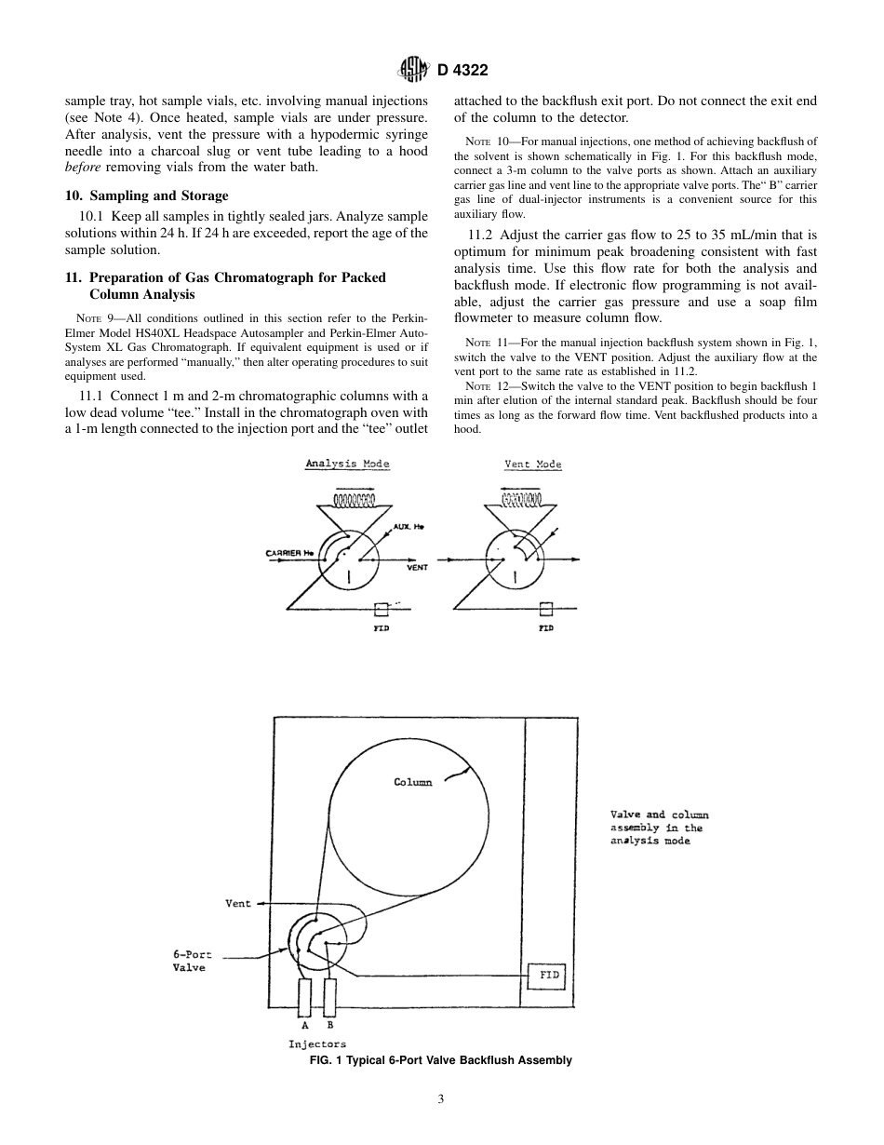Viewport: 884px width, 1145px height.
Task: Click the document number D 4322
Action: (462, 70)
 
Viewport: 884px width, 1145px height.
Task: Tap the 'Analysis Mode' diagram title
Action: (347, 464)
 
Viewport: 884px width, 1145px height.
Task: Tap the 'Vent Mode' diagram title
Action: (532, 464)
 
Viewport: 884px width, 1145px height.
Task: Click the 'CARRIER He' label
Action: (290, 554)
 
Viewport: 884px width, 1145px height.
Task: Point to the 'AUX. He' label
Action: (409, 528)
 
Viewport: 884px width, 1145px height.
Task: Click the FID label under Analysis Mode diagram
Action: (381, 628)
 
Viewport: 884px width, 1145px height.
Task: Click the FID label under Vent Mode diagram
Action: (546, 628)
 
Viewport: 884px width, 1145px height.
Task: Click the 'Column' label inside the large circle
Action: (412, 782)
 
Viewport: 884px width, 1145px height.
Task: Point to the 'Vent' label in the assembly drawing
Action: (238, 903)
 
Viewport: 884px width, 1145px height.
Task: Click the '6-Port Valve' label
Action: (189, 961)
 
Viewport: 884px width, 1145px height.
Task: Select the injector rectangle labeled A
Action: (304, 998)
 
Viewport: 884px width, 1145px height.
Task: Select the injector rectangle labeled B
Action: (329, 998)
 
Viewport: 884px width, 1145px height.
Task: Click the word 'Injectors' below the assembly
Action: (317, 1044)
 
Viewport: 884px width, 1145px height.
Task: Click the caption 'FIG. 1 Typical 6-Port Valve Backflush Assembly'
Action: (441, 1060)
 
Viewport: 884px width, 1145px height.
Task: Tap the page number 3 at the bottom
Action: (441, 1098)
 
